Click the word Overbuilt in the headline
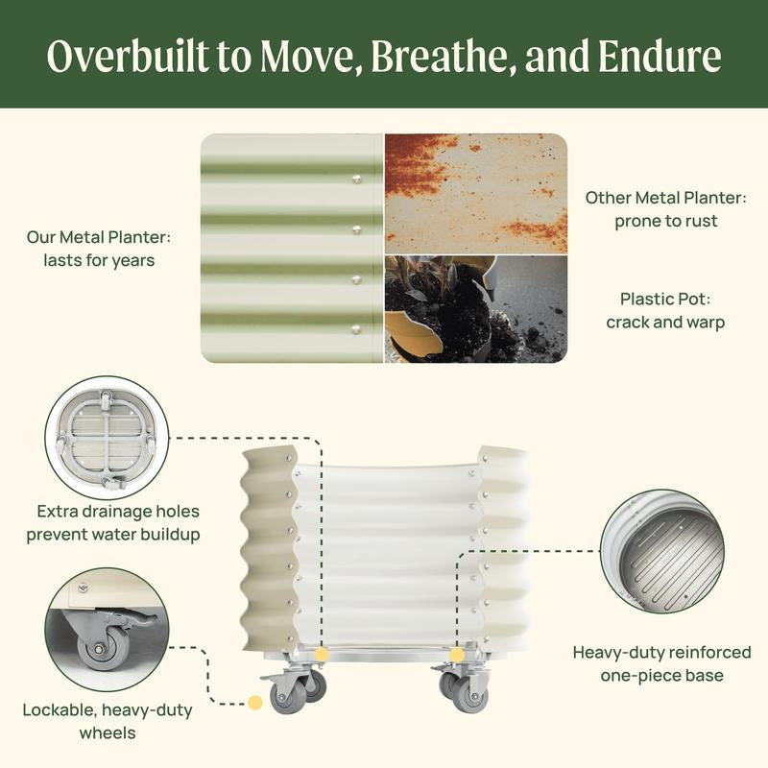(x=129, y=56)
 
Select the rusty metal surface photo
(x=476, y=194)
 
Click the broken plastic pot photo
(x=476, y=309)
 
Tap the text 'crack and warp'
(x=665, y=323)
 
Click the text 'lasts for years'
(x=99, y=260)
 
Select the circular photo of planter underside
(x=107, y=438)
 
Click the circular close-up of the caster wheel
(x=107, y=630)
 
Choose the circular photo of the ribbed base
(x=662, y=551)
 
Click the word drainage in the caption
(x=116, y=512)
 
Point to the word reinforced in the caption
(x=709, y=653)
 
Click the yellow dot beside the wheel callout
(x=255, y=703)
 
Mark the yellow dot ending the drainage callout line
(x=322, y=655)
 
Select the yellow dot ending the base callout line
(x=457, y=655)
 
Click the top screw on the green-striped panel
(x=357, y=179)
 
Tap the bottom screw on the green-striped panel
(x=356, y=329)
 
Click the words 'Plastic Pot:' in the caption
(x=665, y=299)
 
